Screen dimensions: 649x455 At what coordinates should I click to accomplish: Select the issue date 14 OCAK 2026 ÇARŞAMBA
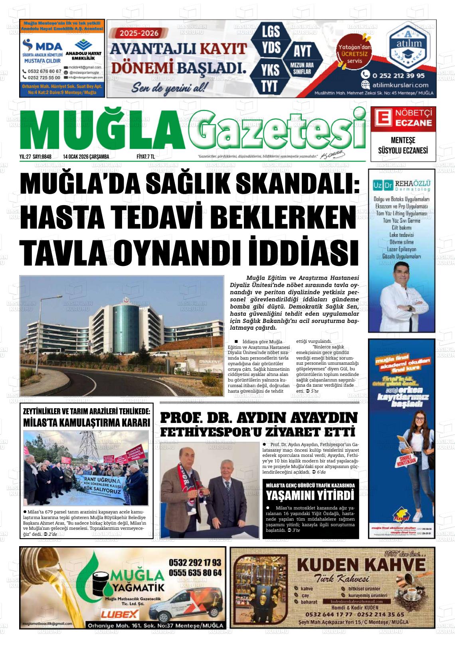pos(86,157)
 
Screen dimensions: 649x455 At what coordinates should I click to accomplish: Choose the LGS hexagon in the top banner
pos(271,31)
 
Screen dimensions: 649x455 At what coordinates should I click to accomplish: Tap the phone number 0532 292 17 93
pos(195,563)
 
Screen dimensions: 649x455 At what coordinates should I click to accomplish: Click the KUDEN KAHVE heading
pos(361,564)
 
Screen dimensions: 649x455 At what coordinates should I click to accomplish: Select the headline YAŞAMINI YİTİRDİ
pos(310,496)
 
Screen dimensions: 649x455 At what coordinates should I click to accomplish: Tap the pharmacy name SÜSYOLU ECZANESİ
pos(403,150)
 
